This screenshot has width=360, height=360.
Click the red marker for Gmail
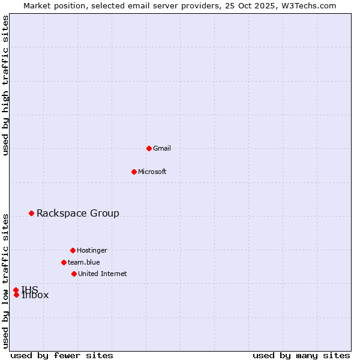[x=149, y=148]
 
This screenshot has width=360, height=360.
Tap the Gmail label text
[x=162, y=149]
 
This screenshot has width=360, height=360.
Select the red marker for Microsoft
[x=134, y=172]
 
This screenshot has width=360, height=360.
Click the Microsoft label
[x=152, y=172]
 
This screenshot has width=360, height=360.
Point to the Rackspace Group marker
[x=31, y=213]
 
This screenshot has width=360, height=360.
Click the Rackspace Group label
[x=78, y=214]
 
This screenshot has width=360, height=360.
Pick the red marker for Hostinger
[x=73, y=250]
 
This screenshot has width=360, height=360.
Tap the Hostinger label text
[x=92, y=251]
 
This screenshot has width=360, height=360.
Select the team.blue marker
[x=64, y=262]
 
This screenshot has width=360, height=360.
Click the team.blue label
[x=84, y=263]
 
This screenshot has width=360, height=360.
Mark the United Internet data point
[x=74, y=274]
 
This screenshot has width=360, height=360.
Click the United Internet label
[x=103, y=274]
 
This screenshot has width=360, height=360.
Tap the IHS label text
[x=30, y=289]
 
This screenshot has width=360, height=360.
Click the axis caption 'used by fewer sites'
[x=62, y=356]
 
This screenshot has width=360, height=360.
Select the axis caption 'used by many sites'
[x=301, y=356]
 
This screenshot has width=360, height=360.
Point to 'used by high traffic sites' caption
[x=6, y=86]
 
